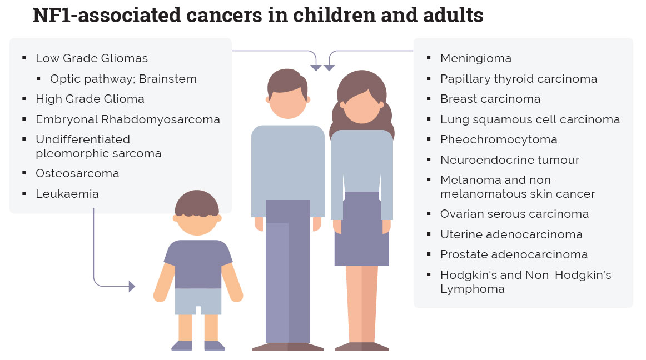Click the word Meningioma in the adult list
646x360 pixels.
pos(475,58)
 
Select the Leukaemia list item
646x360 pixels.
pos(67,194)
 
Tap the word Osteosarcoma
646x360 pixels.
pos(77,173)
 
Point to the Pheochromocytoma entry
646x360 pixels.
pos(499,139)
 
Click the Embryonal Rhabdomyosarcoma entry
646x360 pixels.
pos(128,119)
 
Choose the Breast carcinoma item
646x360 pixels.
pos(490,99)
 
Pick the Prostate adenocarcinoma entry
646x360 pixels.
pos(514,254)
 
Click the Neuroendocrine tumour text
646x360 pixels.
pos(510,160)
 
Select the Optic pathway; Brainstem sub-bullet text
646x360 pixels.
pos(123,79)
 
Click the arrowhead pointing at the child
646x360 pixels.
pos(132,286)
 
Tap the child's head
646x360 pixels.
pos(197,213)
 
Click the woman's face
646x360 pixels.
pos(361,105)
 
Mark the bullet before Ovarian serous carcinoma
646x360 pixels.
pos(429,214)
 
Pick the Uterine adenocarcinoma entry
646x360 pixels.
pos(511,234)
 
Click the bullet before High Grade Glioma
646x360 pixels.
pos(24,99)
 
